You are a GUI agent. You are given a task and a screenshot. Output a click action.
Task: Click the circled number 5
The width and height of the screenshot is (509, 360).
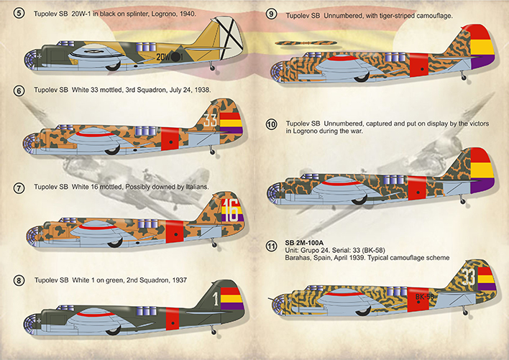(x=19, y=14)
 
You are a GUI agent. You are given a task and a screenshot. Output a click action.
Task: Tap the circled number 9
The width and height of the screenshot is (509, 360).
(x=271, y=14)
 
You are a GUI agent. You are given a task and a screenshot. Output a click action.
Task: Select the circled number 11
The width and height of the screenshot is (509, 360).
(x=271, y=246)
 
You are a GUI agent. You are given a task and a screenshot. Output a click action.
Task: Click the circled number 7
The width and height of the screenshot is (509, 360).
(x=19, y=188)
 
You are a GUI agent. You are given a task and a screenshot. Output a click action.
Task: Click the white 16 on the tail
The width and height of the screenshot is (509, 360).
(x=230, y=211)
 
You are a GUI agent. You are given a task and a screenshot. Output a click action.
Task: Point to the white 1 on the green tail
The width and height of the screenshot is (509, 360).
(x=216, y=300)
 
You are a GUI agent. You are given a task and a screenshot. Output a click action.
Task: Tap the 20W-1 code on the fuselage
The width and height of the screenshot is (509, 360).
(x=170, y=57)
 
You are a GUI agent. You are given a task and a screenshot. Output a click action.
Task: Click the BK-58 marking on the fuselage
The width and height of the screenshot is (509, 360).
(x=425, y=297)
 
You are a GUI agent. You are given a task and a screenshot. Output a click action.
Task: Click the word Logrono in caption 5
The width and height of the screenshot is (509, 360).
(x=164, y=14)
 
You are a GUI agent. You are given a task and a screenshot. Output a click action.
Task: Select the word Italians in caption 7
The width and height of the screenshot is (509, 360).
(x=197, y=187)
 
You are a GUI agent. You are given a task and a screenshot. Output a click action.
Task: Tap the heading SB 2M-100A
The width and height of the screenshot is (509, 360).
(x=304, y=243)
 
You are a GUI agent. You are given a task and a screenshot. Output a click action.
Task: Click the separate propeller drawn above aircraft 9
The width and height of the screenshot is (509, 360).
(x=305, y=42)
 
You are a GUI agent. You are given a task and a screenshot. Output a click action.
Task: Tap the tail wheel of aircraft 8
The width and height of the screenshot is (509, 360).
(x=214, y=331)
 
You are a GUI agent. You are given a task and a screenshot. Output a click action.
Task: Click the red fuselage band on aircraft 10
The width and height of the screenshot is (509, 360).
(x=417, y=188)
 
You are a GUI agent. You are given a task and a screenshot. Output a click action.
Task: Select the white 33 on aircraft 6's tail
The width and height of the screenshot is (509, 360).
(x=210, y=120)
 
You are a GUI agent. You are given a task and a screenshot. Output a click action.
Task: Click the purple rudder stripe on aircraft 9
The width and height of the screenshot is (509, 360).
(x=482, y=61)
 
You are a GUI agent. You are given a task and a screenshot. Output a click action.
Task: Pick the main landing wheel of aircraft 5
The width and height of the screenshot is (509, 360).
(x=113, y=66)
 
